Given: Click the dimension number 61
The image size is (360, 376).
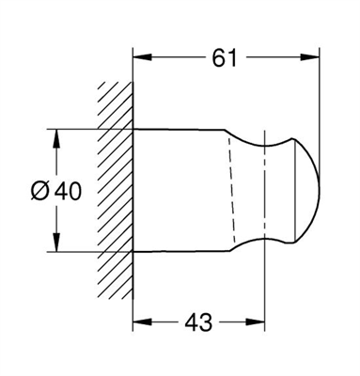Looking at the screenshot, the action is click(x=225, y=57).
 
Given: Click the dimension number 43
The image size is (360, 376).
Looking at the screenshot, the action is click(x=198, y=322).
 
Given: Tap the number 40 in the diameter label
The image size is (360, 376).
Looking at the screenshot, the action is click(x=68, y=191).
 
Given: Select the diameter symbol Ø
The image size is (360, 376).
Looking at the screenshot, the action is click(x=40, y=191).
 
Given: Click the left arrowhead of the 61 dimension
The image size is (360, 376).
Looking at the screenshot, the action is click(x=143, y=57).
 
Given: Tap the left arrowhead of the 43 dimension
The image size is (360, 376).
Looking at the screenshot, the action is click(x=143, y=321).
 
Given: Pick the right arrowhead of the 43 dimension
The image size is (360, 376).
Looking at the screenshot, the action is click(x=256, y=321).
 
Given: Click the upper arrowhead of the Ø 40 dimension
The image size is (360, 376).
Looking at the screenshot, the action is click(x=56, y=138).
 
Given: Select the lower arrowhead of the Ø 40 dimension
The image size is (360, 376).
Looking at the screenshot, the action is click(x=56, y=242).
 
